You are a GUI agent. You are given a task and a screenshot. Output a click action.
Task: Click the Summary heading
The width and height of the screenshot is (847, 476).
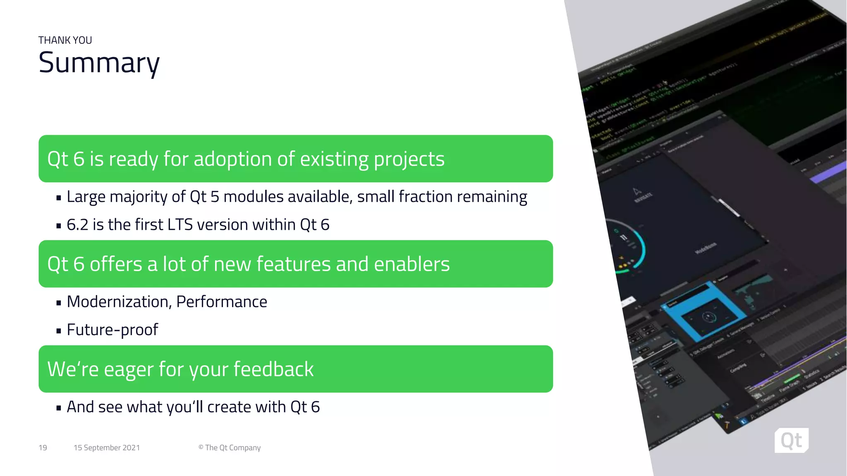pos(99,63)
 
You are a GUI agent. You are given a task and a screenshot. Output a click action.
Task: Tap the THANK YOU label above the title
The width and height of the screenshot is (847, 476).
pos(65,40)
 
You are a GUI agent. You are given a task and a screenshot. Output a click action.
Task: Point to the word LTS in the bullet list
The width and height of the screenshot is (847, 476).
pos(180,225)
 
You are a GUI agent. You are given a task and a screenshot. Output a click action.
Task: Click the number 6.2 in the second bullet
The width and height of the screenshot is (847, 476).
pos(77,225)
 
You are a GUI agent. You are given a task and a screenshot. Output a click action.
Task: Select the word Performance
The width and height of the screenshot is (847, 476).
pos(222,302)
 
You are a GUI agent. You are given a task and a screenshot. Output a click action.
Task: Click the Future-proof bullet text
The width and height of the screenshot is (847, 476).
pos(112,330)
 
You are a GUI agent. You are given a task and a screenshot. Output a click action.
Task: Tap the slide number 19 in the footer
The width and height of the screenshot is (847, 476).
pos(43,448)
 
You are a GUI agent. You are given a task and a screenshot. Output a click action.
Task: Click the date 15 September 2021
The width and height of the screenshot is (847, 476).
pos(107,448)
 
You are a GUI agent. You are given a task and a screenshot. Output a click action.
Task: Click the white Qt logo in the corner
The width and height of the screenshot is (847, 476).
pos(791,440)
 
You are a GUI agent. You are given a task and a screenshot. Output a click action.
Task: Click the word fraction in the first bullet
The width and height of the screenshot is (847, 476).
pos(419,197)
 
